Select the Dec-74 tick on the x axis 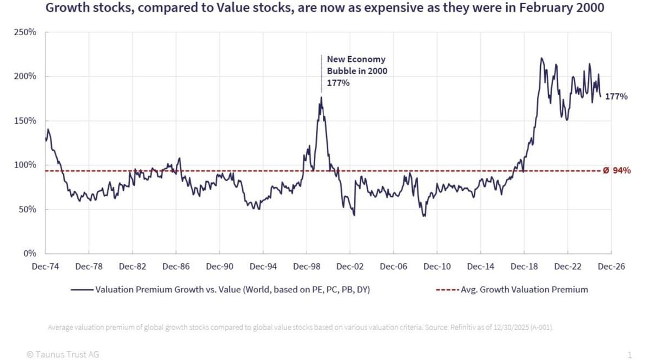click(45, 266)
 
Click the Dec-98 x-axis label click(307, 266)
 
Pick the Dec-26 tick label click(611, 266)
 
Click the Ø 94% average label click(617, 171)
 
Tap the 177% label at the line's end click(616, 97)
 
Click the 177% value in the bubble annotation click(338, 83)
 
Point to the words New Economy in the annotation click(356, 59)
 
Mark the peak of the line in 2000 click(321, 97)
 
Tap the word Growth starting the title click(65, 9)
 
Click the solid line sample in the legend click(82, 290)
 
